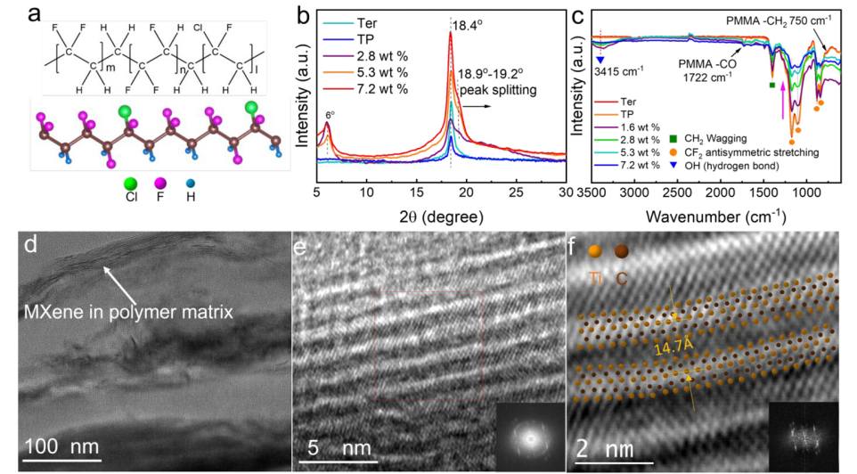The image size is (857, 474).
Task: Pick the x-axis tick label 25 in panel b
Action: [515, 192]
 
